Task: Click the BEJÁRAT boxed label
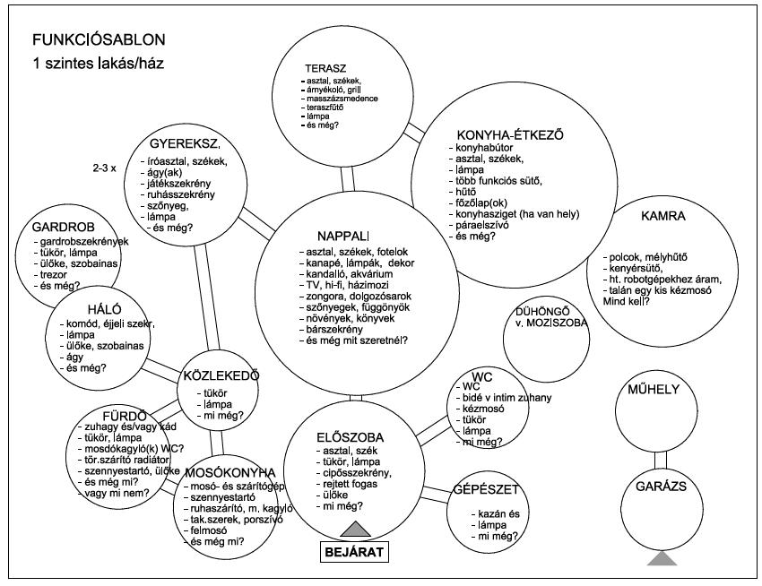point(353,550)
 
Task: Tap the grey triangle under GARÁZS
point(662,558)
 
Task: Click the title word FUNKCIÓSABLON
point(99,41)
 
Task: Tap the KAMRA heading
point(663,217)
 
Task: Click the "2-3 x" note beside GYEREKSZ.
point(104,168)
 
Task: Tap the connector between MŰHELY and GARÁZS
point(663,458)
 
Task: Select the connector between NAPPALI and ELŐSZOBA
point(355,398)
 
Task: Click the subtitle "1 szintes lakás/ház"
point(99,65)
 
